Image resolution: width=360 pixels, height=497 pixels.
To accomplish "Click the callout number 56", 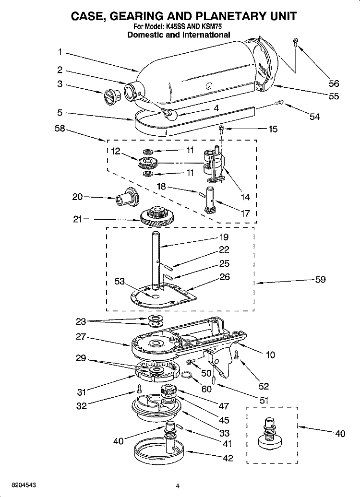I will tap(333, 83).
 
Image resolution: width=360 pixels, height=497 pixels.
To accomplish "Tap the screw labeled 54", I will tap(280, 103).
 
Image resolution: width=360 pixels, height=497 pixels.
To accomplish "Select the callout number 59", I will tap(320, 280).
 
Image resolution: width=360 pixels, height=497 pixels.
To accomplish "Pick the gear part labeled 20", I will tap(124, 196).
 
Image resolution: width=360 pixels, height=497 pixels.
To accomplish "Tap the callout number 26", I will tap(224, 277).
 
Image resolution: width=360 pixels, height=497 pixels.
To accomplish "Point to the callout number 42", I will tap(228, 458).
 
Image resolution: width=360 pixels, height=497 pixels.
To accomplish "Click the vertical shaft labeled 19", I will tap(156, 259).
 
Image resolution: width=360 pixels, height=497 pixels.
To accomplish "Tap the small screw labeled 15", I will tap(222, 129).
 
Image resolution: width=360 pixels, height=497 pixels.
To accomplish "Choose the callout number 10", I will tap(270, 355).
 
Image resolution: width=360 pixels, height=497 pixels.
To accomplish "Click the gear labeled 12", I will tap(146, 162).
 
